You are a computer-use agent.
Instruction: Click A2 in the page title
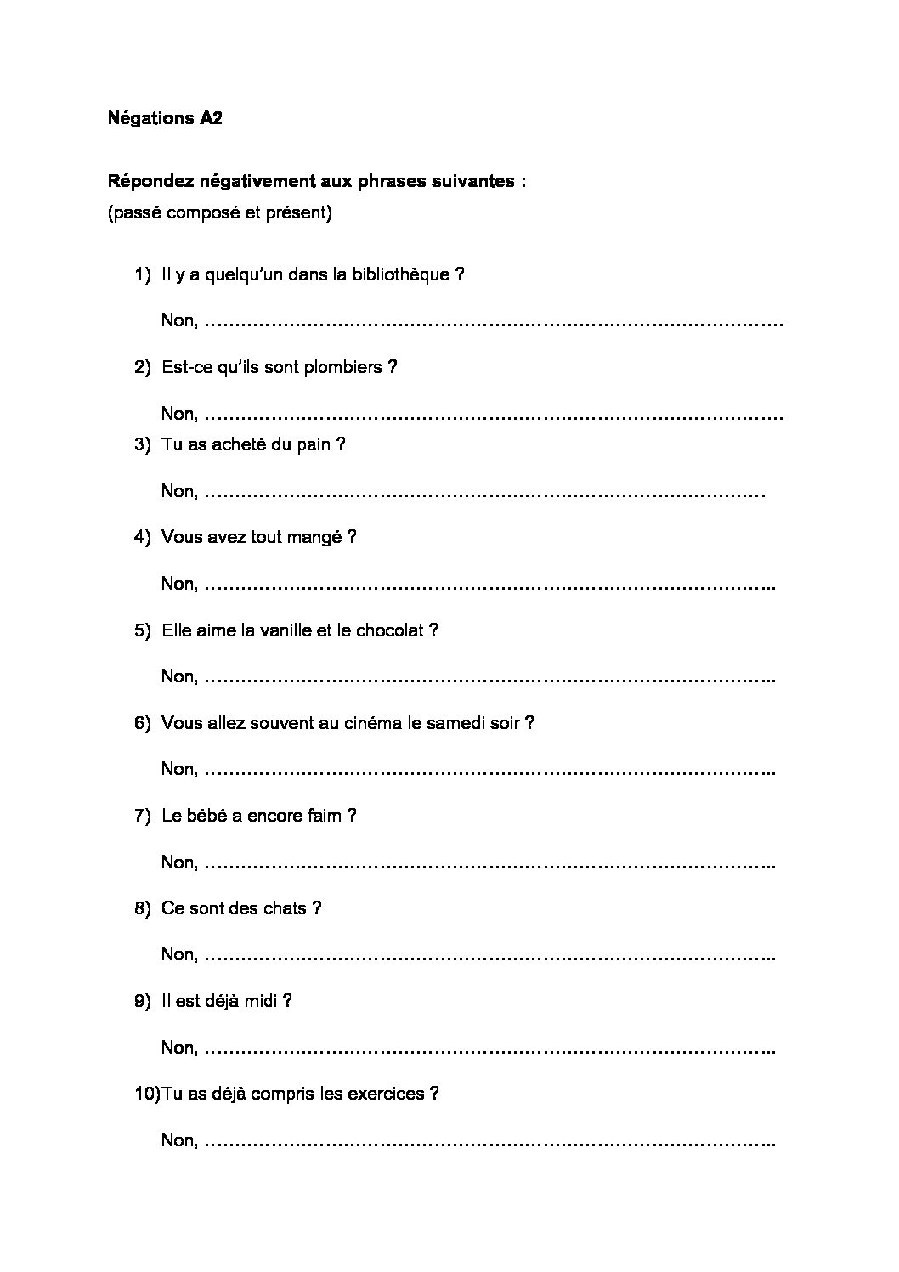pyautogui.click(x=211, y=119)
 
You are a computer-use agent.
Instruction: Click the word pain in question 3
pyautogui.click(x=314, y=445)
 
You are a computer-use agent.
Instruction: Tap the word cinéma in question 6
pyautogui.click(x=374, y=723)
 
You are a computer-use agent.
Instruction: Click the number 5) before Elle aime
pyautogui.click(x=142, y=630)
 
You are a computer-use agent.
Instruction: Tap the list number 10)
pyautogui.click(x=146, y=1094)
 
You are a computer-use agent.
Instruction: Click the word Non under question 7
pyautogui.click(x=178, y=862)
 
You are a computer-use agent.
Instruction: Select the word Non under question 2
pyautogui.click(x=178, y=415)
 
